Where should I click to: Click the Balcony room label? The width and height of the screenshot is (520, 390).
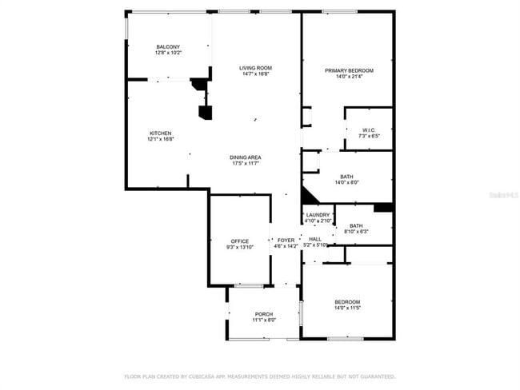point(168,47)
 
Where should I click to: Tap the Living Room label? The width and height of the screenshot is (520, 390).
point(256,68)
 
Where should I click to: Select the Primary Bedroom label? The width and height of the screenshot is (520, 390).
point(349,70)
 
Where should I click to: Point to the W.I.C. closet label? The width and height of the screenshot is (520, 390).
point(368,130)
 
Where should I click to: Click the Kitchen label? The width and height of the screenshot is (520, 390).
point(160,133)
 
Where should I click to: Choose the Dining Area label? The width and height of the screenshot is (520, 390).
point(246,157)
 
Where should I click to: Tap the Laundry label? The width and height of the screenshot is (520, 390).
point(318,215)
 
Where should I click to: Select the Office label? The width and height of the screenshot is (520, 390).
point(240,241)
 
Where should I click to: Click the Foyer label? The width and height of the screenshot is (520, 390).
point(286,240)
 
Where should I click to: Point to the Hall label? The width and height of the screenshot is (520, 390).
point(315,239)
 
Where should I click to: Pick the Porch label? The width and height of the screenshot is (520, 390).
point(264,314)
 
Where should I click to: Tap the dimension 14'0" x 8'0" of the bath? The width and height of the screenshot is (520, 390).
point(348,182)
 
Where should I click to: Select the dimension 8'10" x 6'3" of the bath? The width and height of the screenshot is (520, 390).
point(357,232)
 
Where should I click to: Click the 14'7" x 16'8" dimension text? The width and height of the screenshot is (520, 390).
point(256,74)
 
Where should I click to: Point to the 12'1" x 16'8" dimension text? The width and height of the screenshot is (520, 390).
point(160,139)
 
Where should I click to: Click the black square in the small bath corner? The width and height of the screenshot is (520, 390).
point(383,208)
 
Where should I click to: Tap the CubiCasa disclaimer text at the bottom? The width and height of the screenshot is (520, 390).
point(259,376)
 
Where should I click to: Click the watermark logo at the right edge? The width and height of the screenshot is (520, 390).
point(508,194)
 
